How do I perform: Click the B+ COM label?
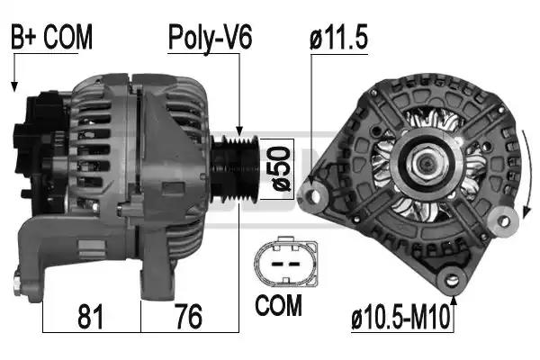pos(51,37)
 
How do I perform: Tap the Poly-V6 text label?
pos(210,38)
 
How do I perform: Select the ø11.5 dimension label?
pos(339,37)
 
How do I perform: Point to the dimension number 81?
pos(90,317)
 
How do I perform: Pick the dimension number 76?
pos(189,317)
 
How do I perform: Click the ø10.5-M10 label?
pos(400,317)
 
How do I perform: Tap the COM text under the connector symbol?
pos(278,305)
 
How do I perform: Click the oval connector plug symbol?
pos(286,263)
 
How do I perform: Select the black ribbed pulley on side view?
pos(235,169)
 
